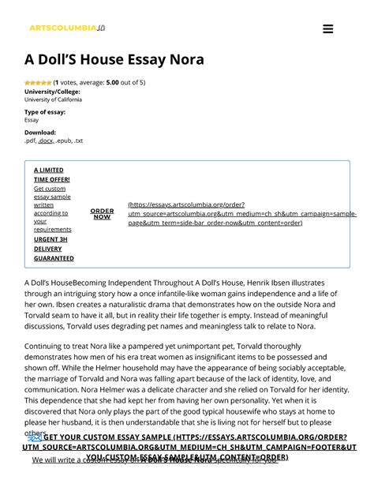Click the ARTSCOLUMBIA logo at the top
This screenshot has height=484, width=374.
pyautogui.click(x=62, y=28)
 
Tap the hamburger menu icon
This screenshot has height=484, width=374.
pyautogui.click(x=328, y=29)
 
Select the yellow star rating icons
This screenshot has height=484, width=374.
pyautogui.click(x=37, y=82)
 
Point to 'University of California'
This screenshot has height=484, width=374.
pyautogui.click(x=53, y=99)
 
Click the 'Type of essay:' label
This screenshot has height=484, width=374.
pyautogui.click(x=45, y=112)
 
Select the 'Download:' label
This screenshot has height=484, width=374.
pyautogui.click(x=40, y=133)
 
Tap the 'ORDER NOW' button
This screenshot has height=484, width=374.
pyautogui.click(x=102, y=213)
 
